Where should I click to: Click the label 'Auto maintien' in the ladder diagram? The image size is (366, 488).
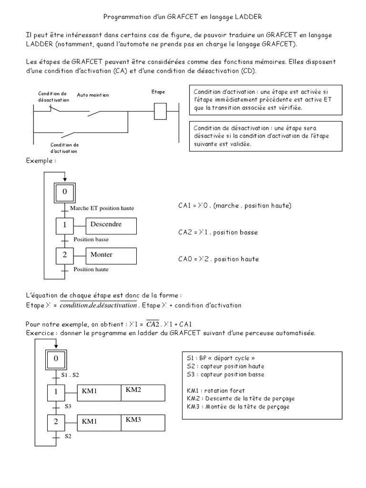(93, 95)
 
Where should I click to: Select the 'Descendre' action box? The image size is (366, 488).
(111, 225)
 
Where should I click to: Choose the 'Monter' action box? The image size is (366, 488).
(111, 255)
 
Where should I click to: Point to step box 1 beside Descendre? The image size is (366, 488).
(64, 225)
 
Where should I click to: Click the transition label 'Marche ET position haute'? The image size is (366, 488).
(102, 208)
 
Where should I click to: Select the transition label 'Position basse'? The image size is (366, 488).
(91, 240)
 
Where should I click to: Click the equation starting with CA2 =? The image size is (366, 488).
(218, 233)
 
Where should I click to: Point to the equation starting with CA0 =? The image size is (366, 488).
(219, 259)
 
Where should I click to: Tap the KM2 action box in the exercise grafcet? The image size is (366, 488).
(143, 391)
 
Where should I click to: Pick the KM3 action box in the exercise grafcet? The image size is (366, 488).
(143, 421)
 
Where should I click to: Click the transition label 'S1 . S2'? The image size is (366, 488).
(71, 376)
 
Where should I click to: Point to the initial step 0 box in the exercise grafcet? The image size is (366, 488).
(56, 358)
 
